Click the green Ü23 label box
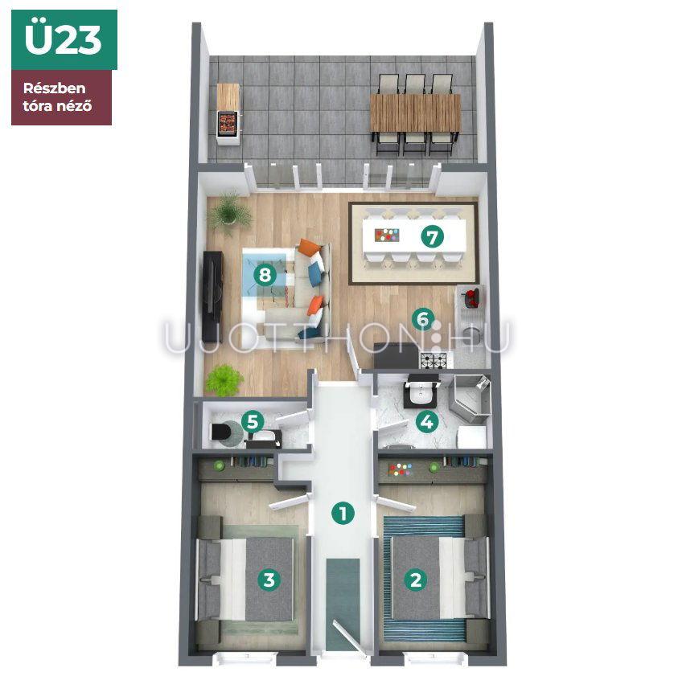click(64, 39)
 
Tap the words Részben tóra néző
click(57, 97)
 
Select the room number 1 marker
click(343, 513)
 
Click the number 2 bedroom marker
click(416, 580)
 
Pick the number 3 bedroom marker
click(269, 580)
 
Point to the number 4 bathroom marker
click(427, 421)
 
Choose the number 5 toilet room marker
click(253, 421)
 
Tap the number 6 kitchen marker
click(423, 319)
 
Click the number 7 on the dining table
click(432, 236)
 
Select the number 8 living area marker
click(265, 275)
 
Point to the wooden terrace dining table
click(416, 113)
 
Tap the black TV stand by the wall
click(212, 297)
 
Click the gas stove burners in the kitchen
click(434, 360)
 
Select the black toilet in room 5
click(221, 431)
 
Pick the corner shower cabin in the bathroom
click(471, 398)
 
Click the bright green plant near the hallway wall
click(224, 380)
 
